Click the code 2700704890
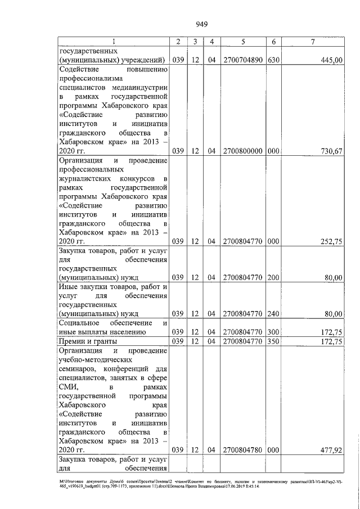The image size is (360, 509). click(x=242, y=60)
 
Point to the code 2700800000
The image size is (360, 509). click(x=242, y=151)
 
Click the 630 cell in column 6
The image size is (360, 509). click(x=273, y=60)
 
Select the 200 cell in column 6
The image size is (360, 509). click(x=273, y=277)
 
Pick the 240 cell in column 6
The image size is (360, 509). click(x=273, y=313)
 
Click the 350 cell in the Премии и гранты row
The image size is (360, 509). click(x=273, y=341)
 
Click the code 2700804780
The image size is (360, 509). click(x=242, y=449)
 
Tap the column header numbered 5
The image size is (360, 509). click(x=242, y=41)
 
